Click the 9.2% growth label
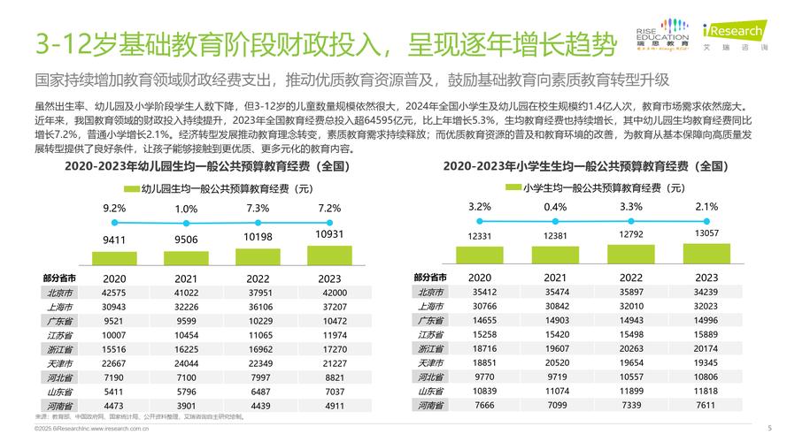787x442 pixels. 114,208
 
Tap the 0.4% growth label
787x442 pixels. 555,207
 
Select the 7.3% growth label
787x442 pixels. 258,208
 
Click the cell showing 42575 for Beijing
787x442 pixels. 114,293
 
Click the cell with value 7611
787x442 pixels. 706,404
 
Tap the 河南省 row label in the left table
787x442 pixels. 60,406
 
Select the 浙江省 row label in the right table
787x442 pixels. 430,348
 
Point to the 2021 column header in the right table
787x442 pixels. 556,278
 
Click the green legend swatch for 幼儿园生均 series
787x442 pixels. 131,188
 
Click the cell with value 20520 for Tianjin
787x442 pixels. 556,362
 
